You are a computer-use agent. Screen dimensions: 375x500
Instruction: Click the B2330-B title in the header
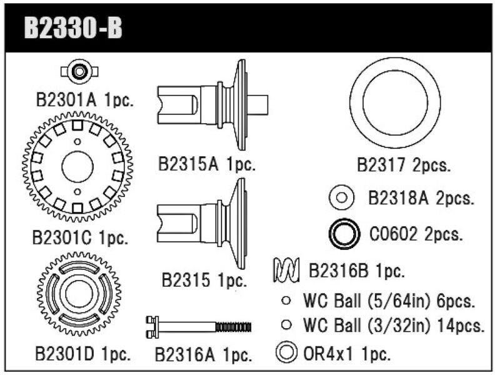point(72,29)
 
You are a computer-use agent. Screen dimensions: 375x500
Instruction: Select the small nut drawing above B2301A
point(80,72)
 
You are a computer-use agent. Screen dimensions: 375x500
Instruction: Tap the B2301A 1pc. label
point(84,100)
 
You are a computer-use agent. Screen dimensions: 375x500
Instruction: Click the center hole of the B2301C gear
point(77,166)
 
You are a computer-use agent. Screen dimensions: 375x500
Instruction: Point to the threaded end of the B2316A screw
point(233,326)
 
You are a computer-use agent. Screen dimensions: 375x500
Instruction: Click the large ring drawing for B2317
point(395,102)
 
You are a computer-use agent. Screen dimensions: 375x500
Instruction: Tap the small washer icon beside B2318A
point(342,198)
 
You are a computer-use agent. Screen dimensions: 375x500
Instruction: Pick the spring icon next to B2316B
point(287,271)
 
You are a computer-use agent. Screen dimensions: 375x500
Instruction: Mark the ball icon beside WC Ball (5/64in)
point(286,301)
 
